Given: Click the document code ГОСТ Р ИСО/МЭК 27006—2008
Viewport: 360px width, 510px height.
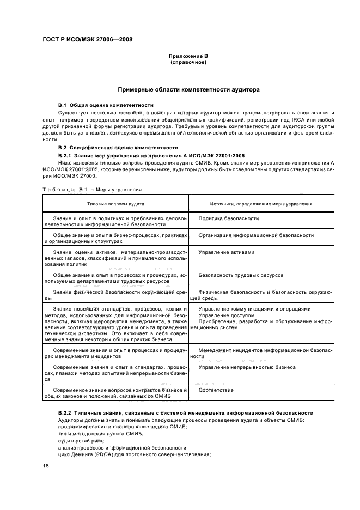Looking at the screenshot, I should (87, 39).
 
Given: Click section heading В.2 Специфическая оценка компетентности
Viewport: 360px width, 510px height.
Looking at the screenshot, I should (118, 148).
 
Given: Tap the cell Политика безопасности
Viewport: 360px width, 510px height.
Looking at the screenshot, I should (228, 218).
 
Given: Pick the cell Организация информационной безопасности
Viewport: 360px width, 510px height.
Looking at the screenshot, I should (255, 235).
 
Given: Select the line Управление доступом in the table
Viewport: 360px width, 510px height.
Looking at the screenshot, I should (226, 315).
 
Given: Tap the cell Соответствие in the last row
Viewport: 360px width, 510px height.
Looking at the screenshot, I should (216, 390).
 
